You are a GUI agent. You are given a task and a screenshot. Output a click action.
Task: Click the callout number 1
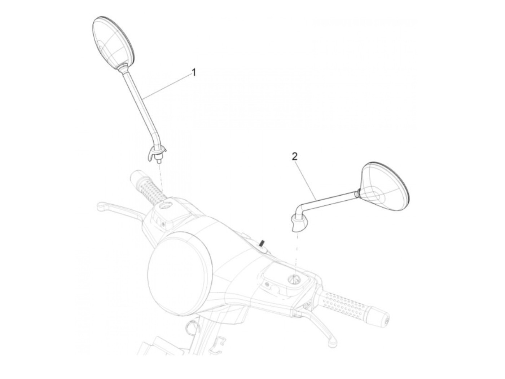194,73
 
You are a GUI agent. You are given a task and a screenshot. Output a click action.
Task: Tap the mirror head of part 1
114,43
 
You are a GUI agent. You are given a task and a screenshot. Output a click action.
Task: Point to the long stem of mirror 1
136,104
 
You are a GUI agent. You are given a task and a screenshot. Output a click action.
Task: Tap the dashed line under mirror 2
297,252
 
